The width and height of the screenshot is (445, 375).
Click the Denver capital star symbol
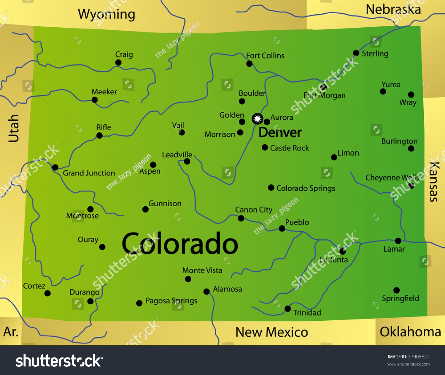pyautogui.click(x=257, y=119)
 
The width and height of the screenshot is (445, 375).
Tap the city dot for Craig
pyautogui.click(x=118, y=62)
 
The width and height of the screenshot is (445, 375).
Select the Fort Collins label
pyautogui.click(x=265, y=56)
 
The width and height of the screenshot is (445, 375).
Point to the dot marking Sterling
pyautogui.click(x=356, y=53)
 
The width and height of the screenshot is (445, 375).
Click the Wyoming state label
pyautogui.click(x=107, y=14)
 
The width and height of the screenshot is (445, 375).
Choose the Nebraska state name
pyautogui.click(x=393, y=10)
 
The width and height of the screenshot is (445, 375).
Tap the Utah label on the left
pyautogui.click(x=14, y=128)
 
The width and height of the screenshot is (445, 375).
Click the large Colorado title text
pyautogui.click(x=180, y=244)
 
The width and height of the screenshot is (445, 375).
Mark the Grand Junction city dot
pyautogui.click(x=55, y=167)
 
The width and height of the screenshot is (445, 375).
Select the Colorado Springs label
pyautogui.click(x=306, y=188)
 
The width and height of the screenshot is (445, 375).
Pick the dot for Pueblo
pyautogui.click(x=282, y=228)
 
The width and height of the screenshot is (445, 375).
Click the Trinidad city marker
pyautogui.click(x=287, y=309)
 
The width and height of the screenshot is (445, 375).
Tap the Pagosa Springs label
pyautogui.click(x=171, y=301)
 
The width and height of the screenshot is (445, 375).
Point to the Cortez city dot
pyautogui.click(x=47, y=293)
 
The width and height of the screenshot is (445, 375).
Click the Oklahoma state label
pyautogui.click(x=410, y=332)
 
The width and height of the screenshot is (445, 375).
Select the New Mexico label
pyautogui.click(x=272, y=332)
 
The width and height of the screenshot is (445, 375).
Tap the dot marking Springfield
pyautogui.click(x=396, y=290)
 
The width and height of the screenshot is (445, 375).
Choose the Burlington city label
pyautogui.click(x=399, y=141)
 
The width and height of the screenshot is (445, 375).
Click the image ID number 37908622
pyautogui.click(x=419, y=357)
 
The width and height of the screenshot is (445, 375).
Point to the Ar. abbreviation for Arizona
pyautogui.click(x=11, y=332)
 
